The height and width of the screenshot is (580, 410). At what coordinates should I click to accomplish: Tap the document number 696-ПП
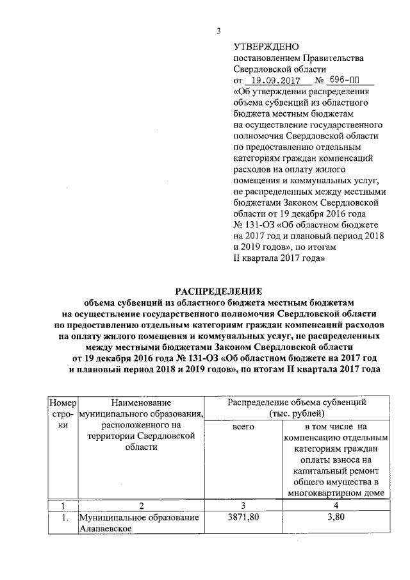tap(347, 81)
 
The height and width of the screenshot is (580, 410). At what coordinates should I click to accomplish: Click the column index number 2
tap(140, 506)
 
